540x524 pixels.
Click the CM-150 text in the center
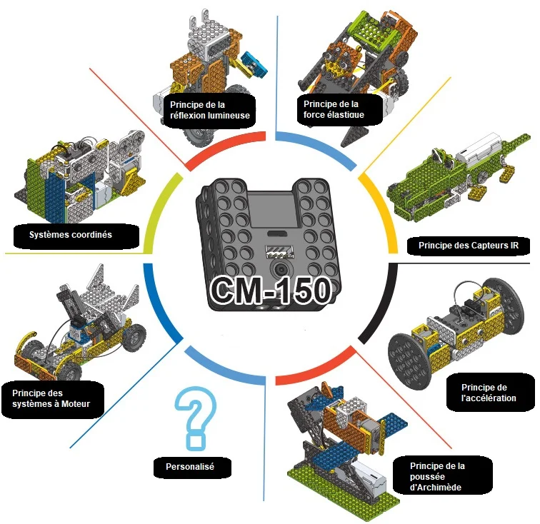[x=271, y=290]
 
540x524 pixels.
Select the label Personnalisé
[x=190, y=466]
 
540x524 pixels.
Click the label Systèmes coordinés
[x=71, y=235]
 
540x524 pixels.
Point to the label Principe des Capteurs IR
[x=469, y=246]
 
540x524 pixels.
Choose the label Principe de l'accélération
[x=489, y=393]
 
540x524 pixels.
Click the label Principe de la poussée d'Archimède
[x=437, y=476]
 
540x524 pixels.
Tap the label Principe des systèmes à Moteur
[x=51, y=398]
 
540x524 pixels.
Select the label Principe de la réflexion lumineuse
[x=210, y=110]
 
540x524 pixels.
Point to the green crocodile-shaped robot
[x=458, y=179]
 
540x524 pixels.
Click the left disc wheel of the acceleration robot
[x=410, y=361]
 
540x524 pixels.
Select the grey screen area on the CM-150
[x=273, y=210]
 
